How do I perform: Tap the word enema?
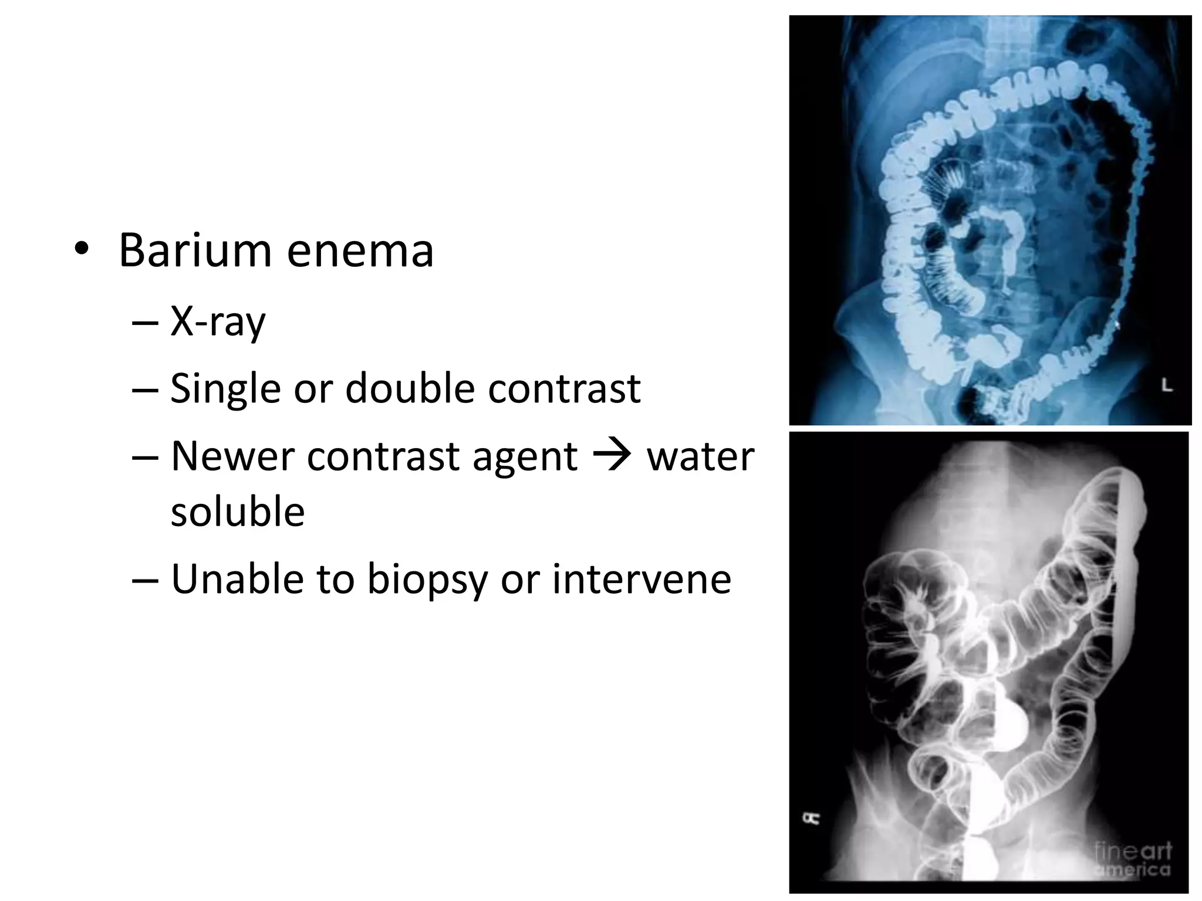[x=360, y=250]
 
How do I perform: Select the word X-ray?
[x=218, y=322]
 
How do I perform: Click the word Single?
[x=225, y=389]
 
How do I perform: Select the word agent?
[x=525, y=457]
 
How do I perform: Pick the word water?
[x=700, y=456]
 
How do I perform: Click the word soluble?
[x=238, y=512]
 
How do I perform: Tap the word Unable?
[x=237, y=579]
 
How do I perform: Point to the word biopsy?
[x=427, y=580]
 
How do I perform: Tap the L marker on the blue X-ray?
[x=1167, y=385]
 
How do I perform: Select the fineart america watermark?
[x=1132, y=859]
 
